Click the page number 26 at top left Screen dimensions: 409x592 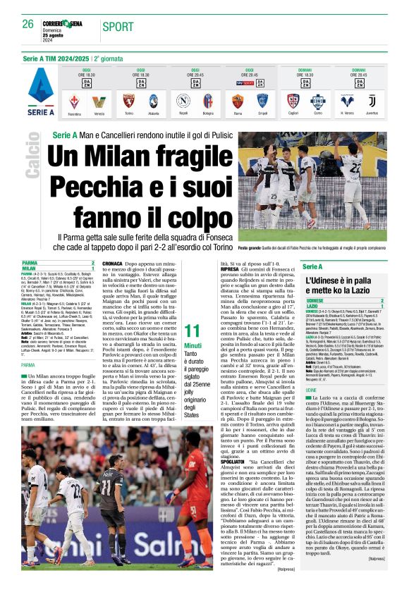29,24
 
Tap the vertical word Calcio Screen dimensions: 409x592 32,159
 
